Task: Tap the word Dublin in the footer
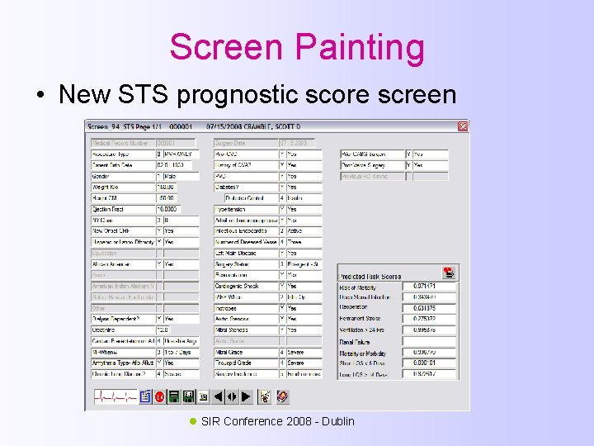point(338,421)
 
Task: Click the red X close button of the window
point(463,126)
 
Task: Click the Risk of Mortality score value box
point(430,287)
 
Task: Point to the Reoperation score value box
point(430,308)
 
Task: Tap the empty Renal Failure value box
point(430,341)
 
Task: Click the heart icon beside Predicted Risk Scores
point(449,273)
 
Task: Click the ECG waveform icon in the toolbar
point(114,397)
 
